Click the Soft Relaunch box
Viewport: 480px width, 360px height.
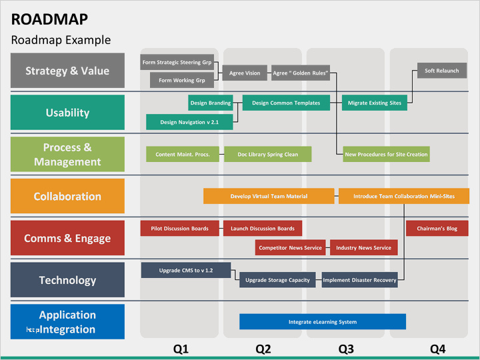pos(442,71)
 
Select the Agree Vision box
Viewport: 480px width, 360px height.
pos(245,73)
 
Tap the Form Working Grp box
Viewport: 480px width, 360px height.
pos(182,80)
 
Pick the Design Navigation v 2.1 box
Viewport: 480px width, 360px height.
pos(189,122)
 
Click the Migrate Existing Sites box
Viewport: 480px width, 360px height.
pos(375,103)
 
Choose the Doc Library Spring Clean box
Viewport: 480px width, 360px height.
pos(268,154)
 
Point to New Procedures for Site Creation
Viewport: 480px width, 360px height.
pos(386,154)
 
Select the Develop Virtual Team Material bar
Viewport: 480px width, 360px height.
pos(269,196)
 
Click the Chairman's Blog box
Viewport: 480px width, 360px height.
pos(437,229)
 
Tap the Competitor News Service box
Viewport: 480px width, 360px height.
pos(290,247)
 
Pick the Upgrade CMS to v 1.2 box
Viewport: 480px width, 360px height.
pos(186,270)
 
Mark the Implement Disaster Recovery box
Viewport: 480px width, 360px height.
pos(360,280)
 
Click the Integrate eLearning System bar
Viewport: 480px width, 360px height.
pos(323,322)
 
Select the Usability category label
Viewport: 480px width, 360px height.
pos(67,113)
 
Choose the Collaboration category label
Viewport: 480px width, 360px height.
pos(67,196)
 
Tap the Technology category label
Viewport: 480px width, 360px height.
pos(67,280)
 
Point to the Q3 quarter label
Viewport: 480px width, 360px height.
pos(346,349)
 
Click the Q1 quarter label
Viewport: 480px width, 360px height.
pos(181,349)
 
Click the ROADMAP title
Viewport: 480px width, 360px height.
pos(49,19)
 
